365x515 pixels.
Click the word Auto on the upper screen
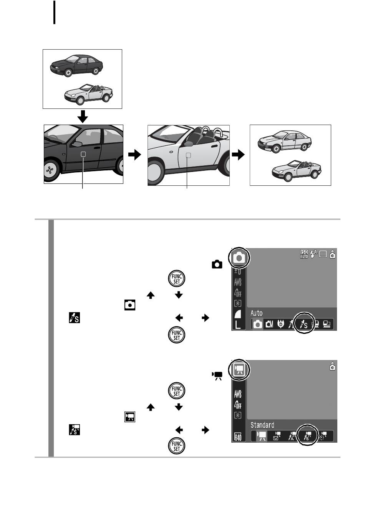coord(256,313)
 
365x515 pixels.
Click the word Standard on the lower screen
coord(262,425)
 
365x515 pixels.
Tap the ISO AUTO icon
coord(304,254)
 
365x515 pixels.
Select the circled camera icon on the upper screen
coord(239,258)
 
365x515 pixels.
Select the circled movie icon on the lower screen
coord(239,370)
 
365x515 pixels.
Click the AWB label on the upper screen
coord(238,282)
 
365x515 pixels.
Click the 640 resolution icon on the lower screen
coord(238,437)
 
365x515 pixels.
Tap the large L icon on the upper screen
coord(238,325)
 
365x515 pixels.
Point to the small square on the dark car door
coord(83,154)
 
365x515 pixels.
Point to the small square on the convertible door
coord(188,155)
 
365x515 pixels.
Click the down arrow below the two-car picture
coord(83,117)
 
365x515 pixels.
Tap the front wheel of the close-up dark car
coord(50,170)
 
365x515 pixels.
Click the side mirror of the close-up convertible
coord(188,144)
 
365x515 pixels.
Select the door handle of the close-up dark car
coord(97,148)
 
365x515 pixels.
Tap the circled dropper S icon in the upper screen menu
coord(304,324)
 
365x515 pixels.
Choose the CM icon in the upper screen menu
coord(269,324)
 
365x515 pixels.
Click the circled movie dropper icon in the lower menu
coord(307,436)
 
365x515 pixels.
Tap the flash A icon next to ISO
coord(314,254)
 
